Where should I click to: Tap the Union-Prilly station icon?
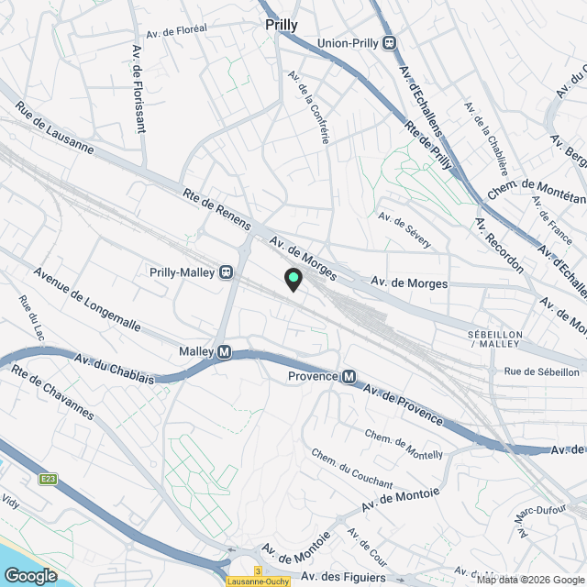tap(390, 42)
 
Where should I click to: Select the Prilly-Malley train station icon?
tap(224, 271)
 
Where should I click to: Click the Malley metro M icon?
tap(224, 352)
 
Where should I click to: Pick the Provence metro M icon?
tap(349, 376)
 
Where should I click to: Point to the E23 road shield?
tap(49, 479)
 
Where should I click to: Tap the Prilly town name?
tap(281, 25)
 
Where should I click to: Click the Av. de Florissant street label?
tap(139, 88)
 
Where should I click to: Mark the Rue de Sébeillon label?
tap(542, 371)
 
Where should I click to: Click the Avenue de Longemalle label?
tap(88, 300)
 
